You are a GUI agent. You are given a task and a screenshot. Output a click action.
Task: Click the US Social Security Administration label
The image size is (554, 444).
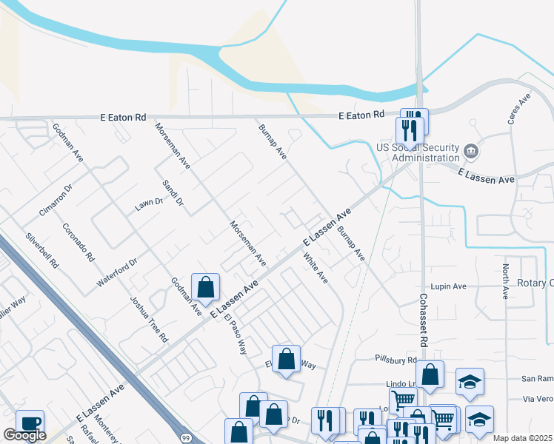pos(418,152)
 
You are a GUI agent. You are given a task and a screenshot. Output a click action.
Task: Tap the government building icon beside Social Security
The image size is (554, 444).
pos(470,153)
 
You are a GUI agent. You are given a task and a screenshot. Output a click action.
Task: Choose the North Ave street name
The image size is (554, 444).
pos(505,281)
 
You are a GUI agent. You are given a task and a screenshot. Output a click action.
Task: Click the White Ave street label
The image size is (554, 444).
pos(316,268)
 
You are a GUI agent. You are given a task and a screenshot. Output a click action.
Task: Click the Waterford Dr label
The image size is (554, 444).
pos(118,273)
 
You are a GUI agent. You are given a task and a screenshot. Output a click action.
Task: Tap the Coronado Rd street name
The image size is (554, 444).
pos(79,243)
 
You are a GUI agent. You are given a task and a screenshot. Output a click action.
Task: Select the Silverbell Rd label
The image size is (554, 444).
pos(40,250)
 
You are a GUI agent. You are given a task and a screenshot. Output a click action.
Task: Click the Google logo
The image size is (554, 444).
pos(24,435)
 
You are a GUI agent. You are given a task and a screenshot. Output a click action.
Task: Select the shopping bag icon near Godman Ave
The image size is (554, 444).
pos(205,287)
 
